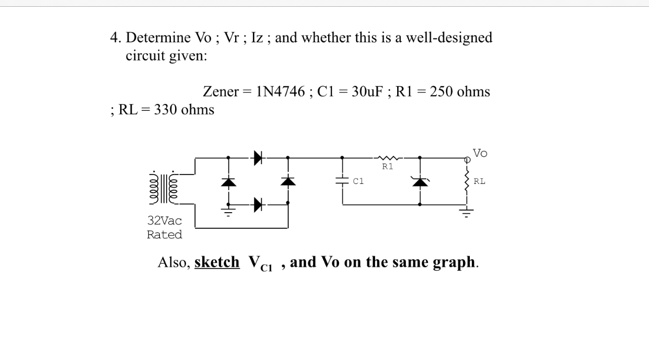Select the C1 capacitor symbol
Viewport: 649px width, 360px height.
342,180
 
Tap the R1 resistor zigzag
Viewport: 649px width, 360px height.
387,157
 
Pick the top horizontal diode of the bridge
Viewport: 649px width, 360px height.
258,157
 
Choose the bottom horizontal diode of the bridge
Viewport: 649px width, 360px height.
258,205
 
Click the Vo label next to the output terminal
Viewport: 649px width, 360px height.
480,153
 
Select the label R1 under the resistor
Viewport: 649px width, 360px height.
387,167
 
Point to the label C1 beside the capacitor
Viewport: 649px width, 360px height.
358,181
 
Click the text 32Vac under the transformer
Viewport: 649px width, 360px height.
164,220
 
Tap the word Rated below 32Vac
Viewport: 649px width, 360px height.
164,235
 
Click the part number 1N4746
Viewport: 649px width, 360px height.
281,91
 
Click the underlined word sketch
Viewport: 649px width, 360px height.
217,262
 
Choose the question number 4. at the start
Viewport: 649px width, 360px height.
115,38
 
